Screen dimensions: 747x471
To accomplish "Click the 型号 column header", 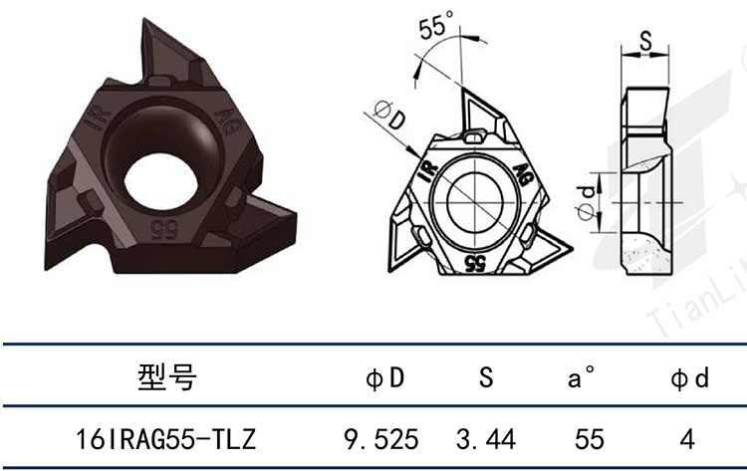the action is tap(166, 377).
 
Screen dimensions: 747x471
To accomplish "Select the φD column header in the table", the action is tap(384, 378).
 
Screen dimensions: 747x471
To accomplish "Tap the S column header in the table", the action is tap(486, 377).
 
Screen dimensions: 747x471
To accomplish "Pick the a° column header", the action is tap(581, 376).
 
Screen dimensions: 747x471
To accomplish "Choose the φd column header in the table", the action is tap(690, 378).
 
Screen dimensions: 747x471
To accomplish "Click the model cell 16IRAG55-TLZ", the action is tap(166, 439).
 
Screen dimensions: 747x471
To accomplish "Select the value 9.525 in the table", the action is tap(381, 439).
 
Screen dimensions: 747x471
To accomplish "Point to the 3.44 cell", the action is tap(486, 439).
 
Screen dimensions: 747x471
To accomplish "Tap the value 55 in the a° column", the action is tap(590, 439).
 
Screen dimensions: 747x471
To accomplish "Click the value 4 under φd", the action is tap(687, 439).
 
